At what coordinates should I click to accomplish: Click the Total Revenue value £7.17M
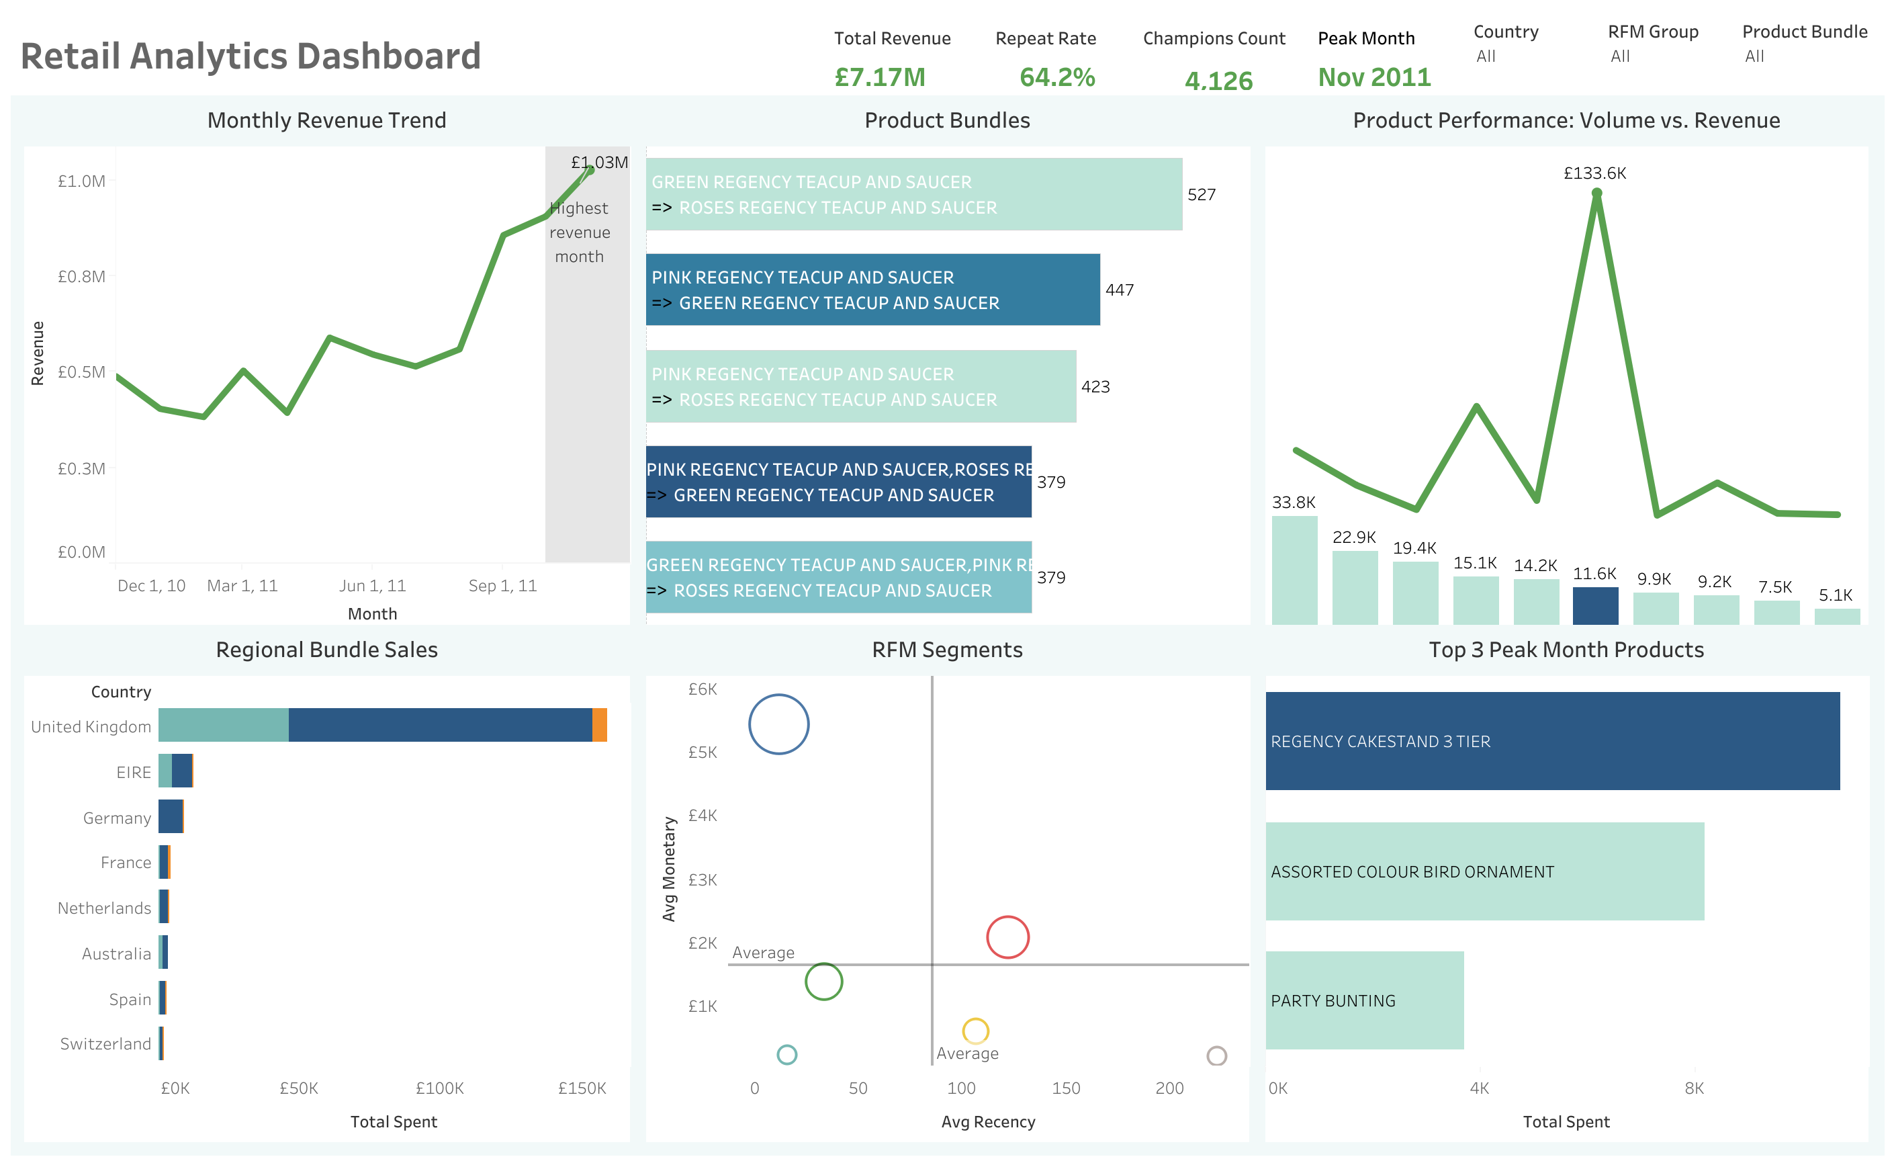(x=880, y=77)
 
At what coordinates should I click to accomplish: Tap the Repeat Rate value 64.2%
(x=1056, y=77)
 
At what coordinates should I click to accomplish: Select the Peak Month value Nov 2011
(x=1373, y=77)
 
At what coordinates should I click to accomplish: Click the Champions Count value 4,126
(x=1218, y=80)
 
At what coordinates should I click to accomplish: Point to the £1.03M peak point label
(x=598, y=162)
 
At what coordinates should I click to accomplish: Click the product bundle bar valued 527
(x=913, y=194)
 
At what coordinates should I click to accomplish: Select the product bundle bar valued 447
(x=872, y=290)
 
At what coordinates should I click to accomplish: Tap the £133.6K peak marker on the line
(x=1596, y=193)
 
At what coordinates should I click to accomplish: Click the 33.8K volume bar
(x=1294, y=570)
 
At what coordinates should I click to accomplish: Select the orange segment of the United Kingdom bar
(x=599, y=725)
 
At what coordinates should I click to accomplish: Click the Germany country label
(x=117, y=818)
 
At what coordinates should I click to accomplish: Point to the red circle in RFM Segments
(x=1007, y=937)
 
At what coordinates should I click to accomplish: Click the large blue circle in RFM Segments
(x=778, y=724)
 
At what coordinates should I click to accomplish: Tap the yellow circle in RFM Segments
(x=975, y=1030)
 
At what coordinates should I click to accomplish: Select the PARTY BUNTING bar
(x=1363, y=1000)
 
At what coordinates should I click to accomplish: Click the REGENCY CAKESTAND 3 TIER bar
(x=1552, y=740)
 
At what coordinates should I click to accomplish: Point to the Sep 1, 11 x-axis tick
(x=502, y=586)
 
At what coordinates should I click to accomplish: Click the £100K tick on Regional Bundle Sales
(x=439, y=1088)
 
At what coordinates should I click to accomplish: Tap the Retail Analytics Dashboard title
(x=251, y=56)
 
